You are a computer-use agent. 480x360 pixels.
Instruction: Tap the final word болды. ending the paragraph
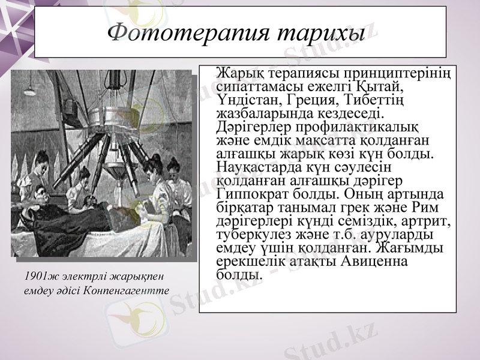pyautogui.click(x=238, y=275)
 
